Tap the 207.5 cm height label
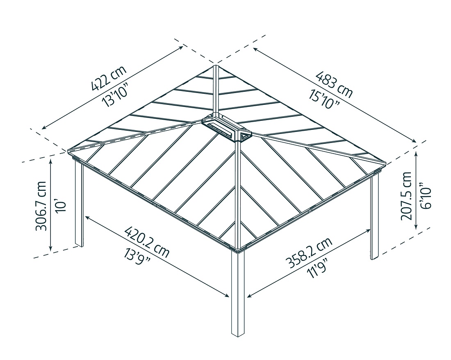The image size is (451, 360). click(405, 196)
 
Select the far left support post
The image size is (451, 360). click(79, 205)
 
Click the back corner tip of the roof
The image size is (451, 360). click(215, 66)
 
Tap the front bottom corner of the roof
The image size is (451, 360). click(238, 248)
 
